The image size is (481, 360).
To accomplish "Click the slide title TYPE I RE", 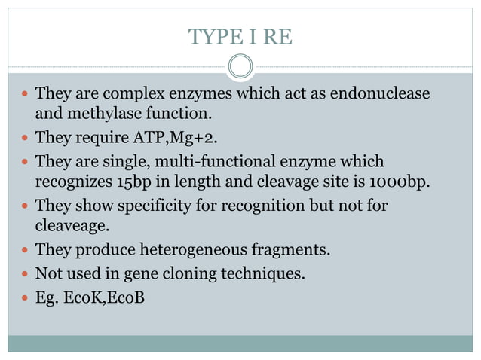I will [240, 36].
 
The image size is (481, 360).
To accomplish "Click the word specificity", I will [158, 206].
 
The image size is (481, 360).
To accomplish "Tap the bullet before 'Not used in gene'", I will [25, 273].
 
